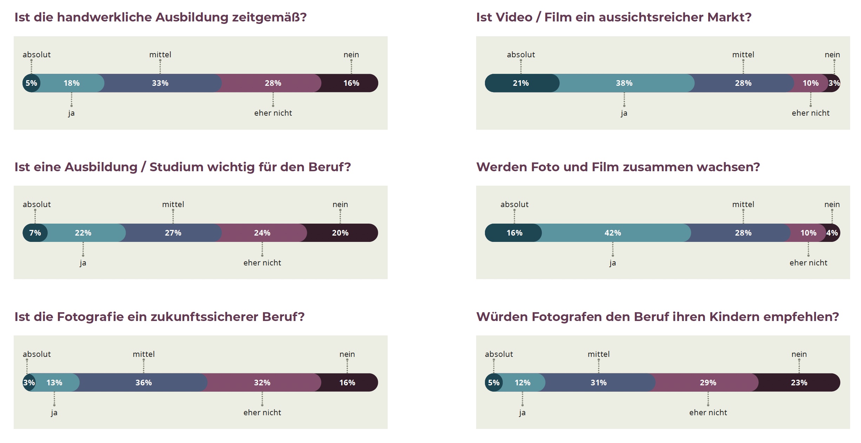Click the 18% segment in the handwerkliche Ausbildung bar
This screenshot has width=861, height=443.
click(71, 83)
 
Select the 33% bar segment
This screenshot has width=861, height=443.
click(160, 83)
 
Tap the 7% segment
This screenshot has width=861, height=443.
click(35, 233)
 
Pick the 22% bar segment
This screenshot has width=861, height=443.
click(83, 233)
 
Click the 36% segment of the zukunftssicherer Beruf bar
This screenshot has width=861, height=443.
click(144, 383)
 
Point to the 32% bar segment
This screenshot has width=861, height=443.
click(262, 383)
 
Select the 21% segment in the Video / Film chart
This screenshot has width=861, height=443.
click(521, 83)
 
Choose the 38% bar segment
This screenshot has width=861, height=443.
click(624, 83)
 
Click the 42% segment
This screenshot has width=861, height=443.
click(613, 233)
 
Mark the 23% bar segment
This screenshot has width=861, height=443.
click(799, 383)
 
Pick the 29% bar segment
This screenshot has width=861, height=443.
click(708, 383)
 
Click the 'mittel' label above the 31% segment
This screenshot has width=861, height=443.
click(599, 354)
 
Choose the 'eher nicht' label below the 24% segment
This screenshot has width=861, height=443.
click(262, 263)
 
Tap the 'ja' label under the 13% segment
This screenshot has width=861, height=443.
click(54, 413)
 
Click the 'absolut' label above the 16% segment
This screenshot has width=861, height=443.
click(514, 204)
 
